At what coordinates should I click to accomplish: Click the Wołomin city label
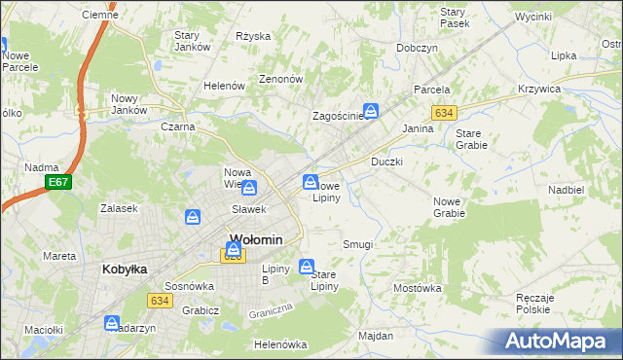tap(256, 239)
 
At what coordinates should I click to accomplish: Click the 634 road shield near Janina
tap(444, 113)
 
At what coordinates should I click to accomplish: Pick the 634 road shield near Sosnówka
tap(161, 301)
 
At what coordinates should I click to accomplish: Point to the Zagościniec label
tap(337, 116)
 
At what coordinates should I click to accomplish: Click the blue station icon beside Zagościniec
tap(371, 111)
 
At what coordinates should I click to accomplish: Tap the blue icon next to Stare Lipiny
tap(308, 266)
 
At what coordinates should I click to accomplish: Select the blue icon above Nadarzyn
tap(113, 322)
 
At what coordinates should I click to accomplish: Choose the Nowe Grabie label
tap(449, 206)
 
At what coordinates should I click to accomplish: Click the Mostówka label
tap(418, 288)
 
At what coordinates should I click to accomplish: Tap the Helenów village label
tap(224, 86)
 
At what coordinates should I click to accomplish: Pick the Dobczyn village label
tap(417, 48)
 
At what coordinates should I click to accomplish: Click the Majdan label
tap(375, 336)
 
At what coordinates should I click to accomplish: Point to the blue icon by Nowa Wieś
tap(249, 188)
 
